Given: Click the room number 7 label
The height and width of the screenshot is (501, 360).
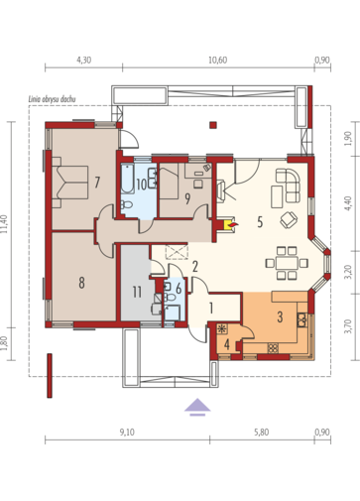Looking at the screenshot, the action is [97, 183].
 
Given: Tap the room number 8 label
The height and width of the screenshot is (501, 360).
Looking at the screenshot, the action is [81, 283].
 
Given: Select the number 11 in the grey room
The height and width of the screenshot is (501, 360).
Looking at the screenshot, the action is [137, 292].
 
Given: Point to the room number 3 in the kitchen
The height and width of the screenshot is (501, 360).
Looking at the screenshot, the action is [280, 316].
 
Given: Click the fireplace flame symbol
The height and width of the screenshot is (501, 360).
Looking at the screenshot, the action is [233, 225].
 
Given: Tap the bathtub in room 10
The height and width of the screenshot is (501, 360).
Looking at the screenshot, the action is [127, 179].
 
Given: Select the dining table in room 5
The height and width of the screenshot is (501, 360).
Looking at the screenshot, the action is [287, 263].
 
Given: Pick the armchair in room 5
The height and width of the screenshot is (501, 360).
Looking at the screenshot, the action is [289, 219].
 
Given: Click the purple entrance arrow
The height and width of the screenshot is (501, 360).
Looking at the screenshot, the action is [197, 405].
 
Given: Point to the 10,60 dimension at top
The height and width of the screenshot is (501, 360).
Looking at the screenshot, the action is [218, 60].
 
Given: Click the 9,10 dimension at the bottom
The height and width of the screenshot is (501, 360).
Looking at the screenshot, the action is [127, 433].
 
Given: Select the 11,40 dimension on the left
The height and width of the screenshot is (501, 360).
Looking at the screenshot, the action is [5, 224].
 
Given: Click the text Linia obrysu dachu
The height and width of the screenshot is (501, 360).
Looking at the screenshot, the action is [53, 99].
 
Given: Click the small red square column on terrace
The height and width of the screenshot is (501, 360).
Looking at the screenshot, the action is [213, 125].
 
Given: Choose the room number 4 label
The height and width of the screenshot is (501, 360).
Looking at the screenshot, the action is [227, 344].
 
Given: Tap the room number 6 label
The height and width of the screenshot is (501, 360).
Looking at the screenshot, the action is [179, 289].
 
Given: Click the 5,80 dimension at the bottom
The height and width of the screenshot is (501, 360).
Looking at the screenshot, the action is [262, 433].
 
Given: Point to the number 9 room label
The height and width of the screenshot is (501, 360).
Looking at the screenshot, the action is [187, 198].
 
